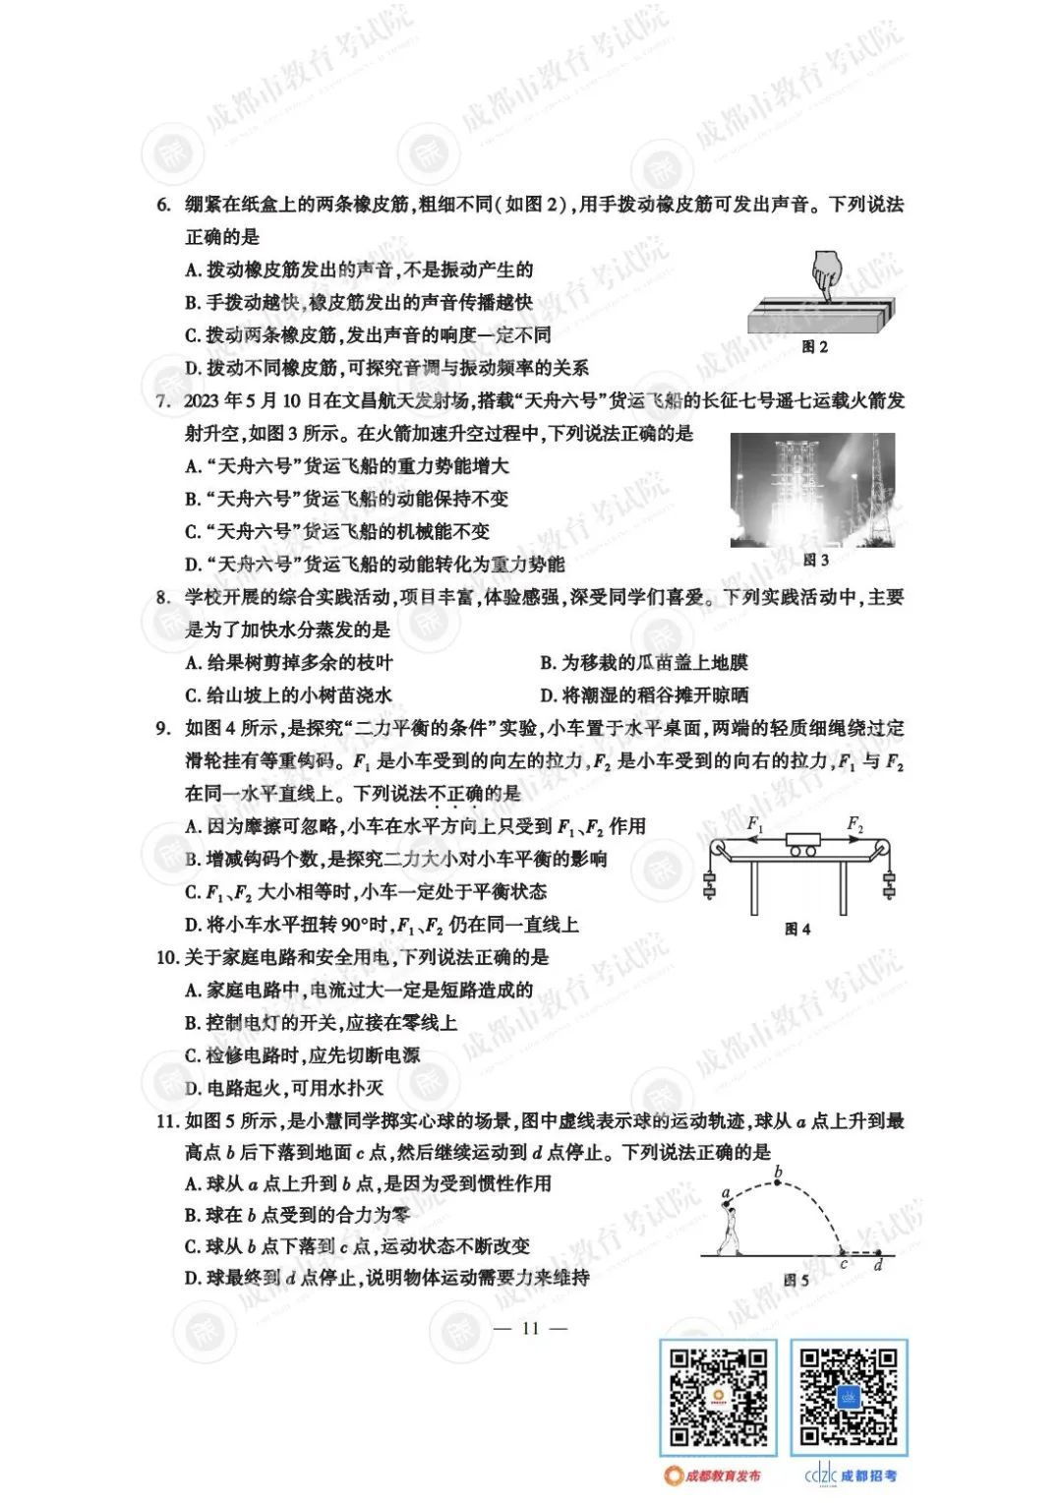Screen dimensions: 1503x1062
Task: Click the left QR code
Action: click(717, 1397)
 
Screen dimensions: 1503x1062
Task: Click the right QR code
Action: click(849, 1397)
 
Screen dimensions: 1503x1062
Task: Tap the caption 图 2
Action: click(815, 346)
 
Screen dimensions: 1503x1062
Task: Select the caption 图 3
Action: click(815, 560)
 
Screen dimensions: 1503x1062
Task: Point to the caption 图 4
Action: click(797, 929)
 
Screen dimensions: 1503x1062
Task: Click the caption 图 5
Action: click(796, 1280)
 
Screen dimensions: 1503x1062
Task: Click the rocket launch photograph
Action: click(812, 489)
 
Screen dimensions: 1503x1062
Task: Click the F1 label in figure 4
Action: click(755, 823)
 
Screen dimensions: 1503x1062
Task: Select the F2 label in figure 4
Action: click(855, 823)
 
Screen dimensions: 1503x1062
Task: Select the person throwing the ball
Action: click(728, 1225)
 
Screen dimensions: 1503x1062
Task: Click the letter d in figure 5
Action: click(878, 1265)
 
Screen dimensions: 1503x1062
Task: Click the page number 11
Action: click(531, 1328)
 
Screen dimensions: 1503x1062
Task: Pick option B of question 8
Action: click(644, 663)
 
